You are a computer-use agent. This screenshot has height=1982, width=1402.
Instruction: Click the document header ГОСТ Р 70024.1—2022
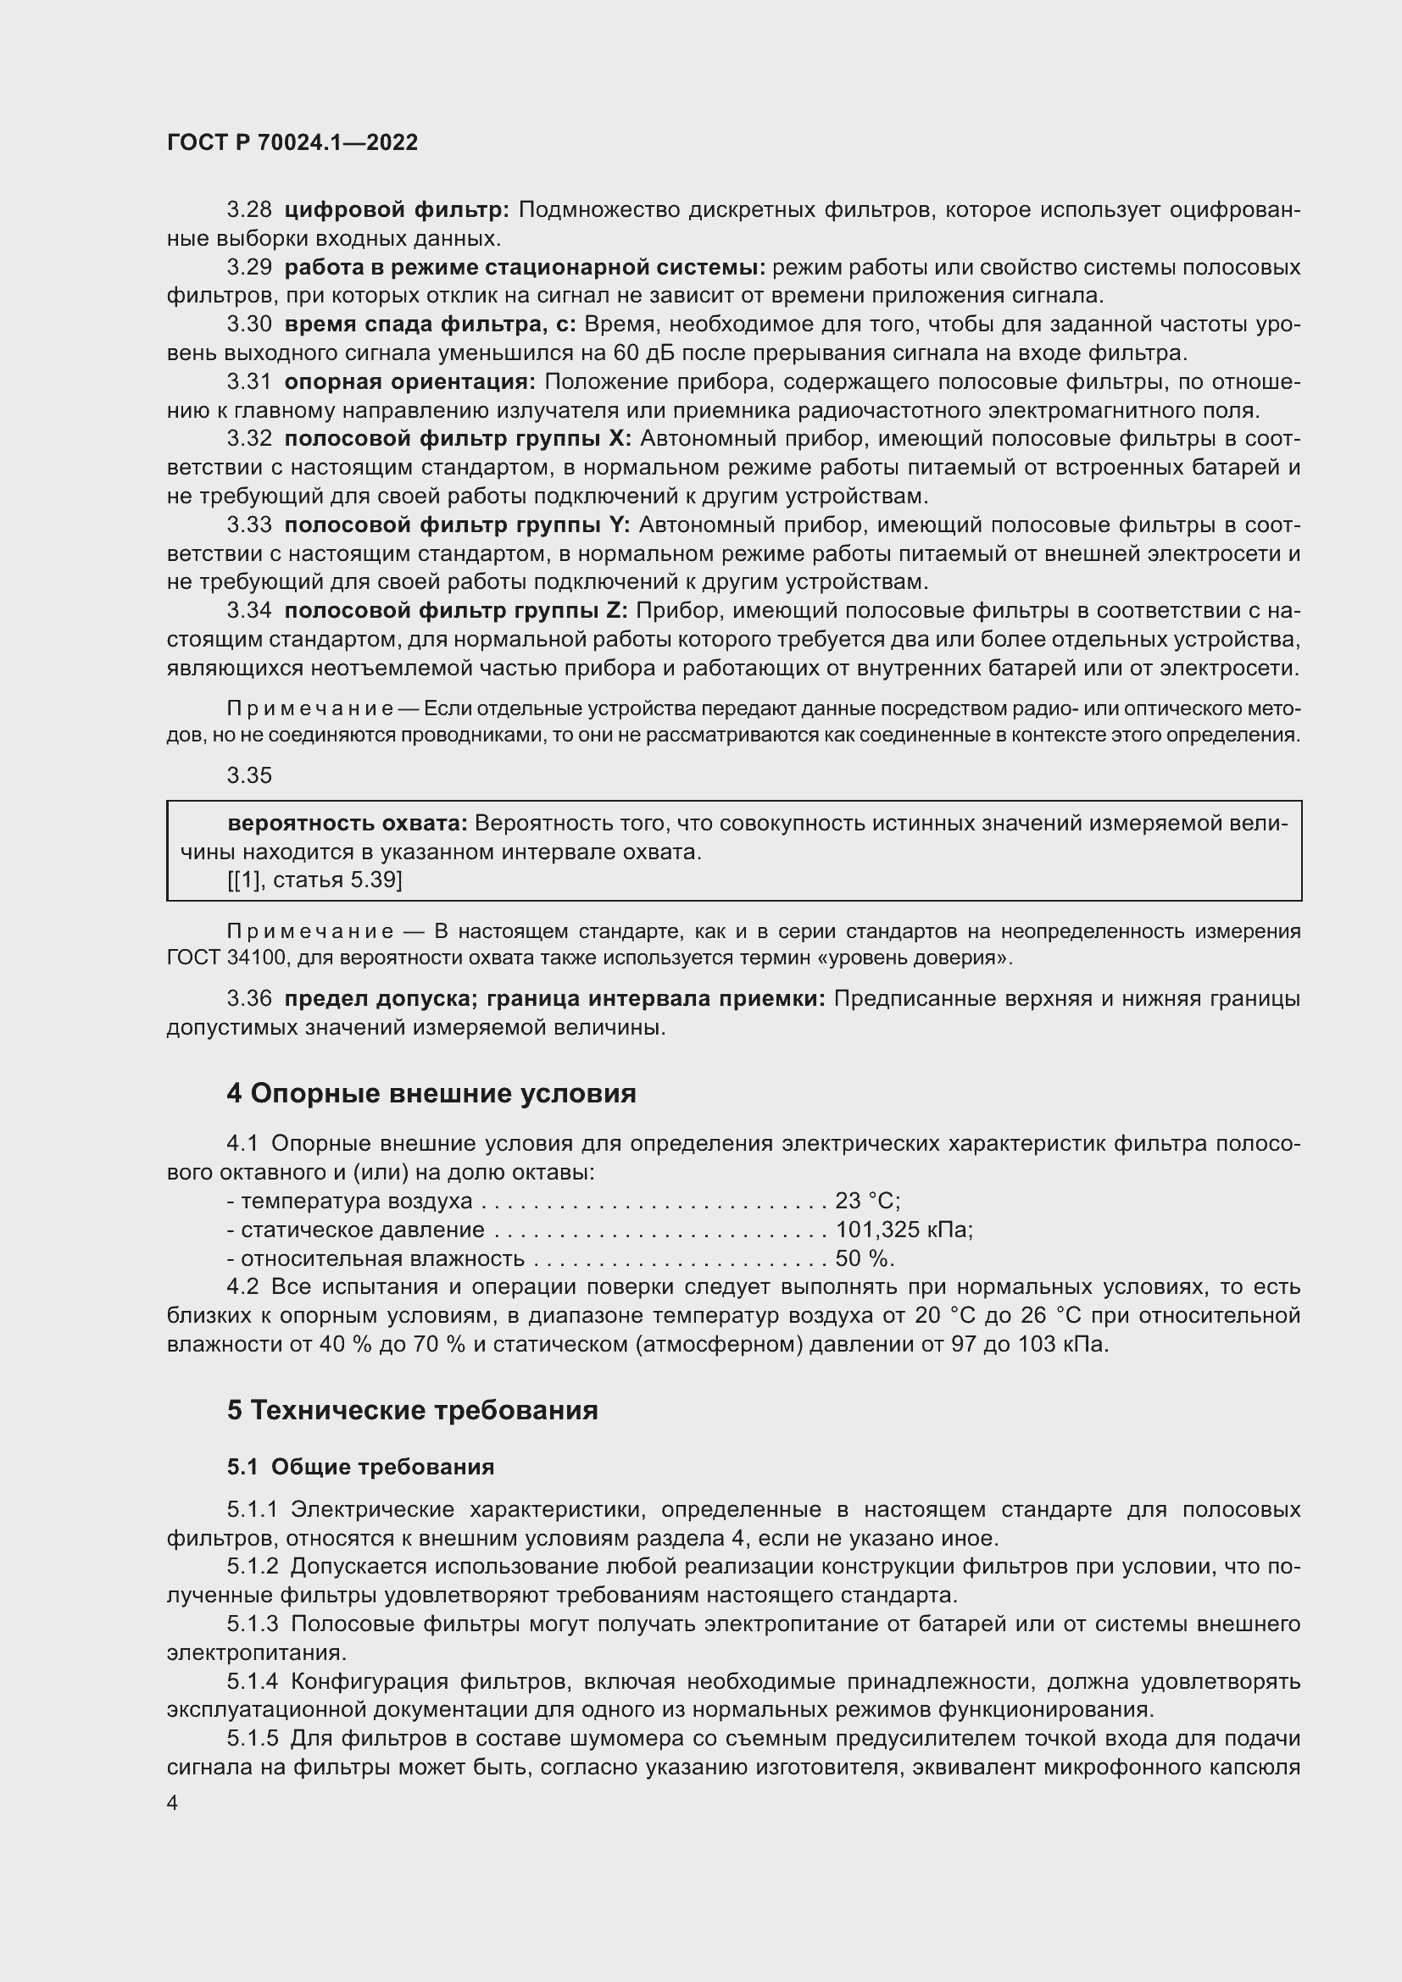point(292,142)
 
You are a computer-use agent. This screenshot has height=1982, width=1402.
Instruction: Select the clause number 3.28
point(248,210)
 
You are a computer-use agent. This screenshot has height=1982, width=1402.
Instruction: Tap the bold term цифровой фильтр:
point(396,210)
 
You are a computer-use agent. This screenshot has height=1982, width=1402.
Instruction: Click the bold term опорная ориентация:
point(409,381)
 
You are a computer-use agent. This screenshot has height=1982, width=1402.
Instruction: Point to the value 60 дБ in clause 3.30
point(638,353)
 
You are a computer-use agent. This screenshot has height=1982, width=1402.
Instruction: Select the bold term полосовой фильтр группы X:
point(458,439)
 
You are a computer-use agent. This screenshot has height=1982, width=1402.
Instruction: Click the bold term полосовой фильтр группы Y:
point(458,525)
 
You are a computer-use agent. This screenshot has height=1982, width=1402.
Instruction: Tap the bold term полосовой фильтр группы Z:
point(457,611)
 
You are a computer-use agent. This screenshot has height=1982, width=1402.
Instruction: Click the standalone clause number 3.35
point(248,775)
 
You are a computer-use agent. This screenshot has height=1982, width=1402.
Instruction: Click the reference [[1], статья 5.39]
point(314,880)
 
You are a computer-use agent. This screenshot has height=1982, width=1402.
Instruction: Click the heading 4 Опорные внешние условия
point(431,1094)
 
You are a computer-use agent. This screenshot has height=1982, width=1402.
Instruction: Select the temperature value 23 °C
point(867,1201)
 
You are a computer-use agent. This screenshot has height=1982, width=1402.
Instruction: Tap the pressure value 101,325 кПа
point(903,1230)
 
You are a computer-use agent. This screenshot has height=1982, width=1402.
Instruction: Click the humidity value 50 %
point(863,1257)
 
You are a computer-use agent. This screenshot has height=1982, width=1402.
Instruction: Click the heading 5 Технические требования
point(412,1410)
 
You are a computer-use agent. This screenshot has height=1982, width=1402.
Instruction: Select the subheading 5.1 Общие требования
point(360,1467)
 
